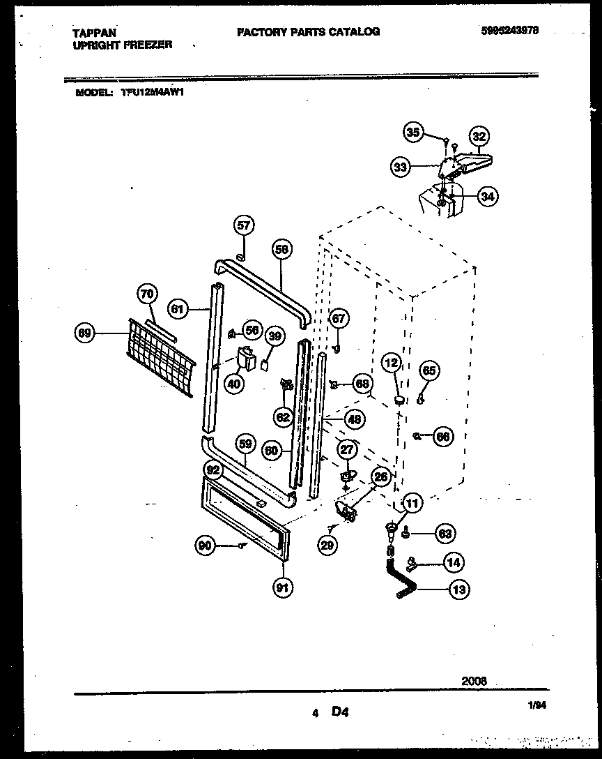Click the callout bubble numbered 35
(414, 132)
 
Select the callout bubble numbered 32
(479, 136)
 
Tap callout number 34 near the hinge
(488, 197)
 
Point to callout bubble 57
(243, 225)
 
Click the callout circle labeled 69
(85, 335)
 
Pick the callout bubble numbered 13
(458, 590)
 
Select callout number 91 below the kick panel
(282, 587)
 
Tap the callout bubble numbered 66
(442, 437)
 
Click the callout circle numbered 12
(392, 363)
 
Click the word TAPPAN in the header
(94, 32)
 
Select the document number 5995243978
(509, 31)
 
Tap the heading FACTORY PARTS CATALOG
(309, 31)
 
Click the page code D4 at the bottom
(339, 712)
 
